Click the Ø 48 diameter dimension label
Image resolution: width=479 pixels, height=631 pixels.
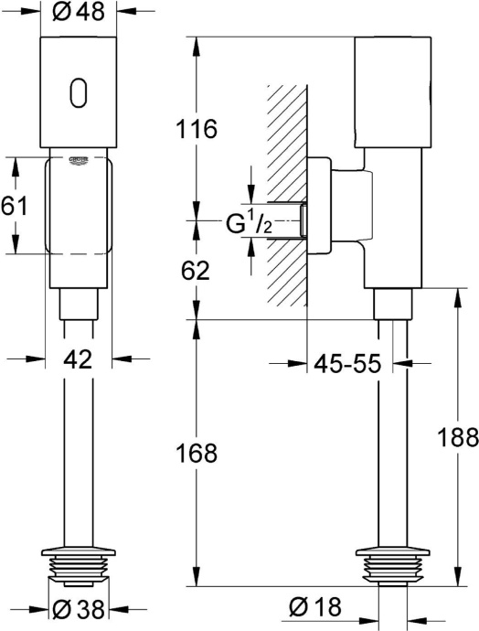click(x=79, y=13)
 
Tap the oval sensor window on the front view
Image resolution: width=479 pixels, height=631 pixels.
click(x=79, y=91)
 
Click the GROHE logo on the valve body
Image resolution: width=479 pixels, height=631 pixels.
click(x=79, y=161)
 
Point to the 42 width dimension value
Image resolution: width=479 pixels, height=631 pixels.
click(x=79, y=359)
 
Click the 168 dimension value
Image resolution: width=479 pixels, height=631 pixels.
click(x=197, y=453)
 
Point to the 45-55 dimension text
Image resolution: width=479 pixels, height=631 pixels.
click(x=348, y=363)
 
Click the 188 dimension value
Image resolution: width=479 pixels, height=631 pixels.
click(x=460, y=436)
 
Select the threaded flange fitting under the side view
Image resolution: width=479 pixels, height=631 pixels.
click(x=393, y=564)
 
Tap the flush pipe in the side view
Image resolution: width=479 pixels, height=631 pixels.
click(x=393, y=439)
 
